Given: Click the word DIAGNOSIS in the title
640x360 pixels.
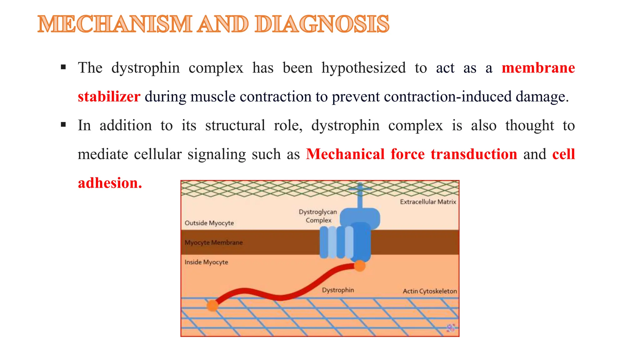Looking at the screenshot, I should (322, 24).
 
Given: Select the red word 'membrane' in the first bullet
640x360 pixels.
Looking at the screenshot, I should (538, 68).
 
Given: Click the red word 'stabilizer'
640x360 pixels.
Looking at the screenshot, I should (109, 97).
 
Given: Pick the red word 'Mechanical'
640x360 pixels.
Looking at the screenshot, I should (345, 154).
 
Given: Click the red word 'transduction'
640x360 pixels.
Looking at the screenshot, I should (474, 154).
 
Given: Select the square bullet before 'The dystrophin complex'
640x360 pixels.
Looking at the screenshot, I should (63, 67).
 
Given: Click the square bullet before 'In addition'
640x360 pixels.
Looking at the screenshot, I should (63, 125).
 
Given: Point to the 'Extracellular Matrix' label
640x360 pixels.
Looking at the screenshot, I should (428, 202).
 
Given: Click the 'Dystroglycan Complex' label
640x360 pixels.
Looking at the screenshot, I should (318, 216).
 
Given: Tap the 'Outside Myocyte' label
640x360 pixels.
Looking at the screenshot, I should (209, 223).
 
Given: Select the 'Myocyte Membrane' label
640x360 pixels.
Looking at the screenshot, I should (213, 242).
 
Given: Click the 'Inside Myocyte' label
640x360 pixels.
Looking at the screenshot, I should (206, 262).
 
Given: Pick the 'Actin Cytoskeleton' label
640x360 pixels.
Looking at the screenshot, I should (430, 291).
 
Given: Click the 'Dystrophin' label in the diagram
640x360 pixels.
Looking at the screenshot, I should (338, 290).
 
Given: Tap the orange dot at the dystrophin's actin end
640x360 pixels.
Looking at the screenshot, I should (212, 305).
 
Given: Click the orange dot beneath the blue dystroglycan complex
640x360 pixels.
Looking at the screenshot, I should (360, 266).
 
